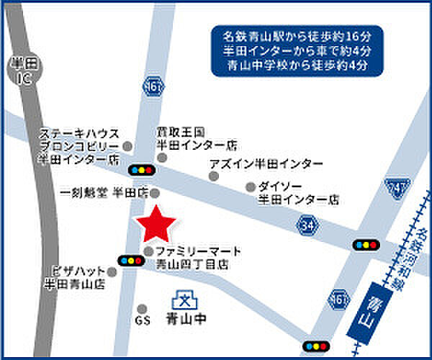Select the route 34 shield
pyautogui.click(x=307, y=225)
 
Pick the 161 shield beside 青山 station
pyautogui.click(x=338, y=298)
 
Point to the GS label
pyautogui.click(x=142, y=319)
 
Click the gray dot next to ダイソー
pyautogui.click(x=251, y=186)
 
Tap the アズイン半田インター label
pyautogui.click(x=266, y=164)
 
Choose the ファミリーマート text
pyautogui.click(x=198, y=251)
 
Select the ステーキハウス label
pyautogui.click(x=80, y=134)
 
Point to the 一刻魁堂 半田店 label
pyautogui.click(x=104, y=193)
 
